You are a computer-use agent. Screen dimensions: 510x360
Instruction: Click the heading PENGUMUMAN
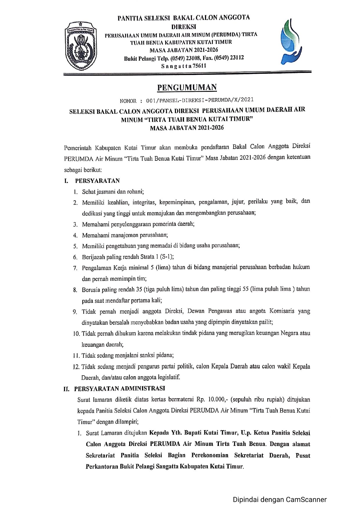(187, 87)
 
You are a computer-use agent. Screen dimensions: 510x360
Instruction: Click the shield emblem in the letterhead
(81, 46)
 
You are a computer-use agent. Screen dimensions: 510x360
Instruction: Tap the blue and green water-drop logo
(291, 42)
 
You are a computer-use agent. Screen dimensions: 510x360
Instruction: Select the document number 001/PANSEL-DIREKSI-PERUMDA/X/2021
(200, 100)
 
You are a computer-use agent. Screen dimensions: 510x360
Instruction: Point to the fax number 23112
(237, 58)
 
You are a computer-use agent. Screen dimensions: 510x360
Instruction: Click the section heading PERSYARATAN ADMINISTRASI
(119, 389)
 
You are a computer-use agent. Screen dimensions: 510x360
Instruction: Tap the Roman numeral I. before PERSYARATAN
(66, 181)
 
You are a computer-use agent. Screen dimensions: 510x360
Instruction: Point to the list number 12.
(76, 367)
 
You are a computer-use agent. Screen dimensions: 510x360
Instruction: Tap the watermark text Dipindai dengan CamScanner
(280, 500)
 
